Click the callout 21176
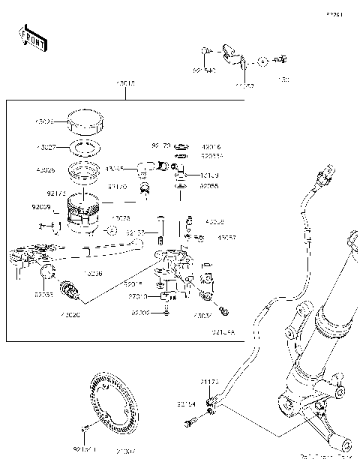[210, 382]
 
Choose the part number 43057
[226, 238]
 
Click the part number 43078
[120, 218]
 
